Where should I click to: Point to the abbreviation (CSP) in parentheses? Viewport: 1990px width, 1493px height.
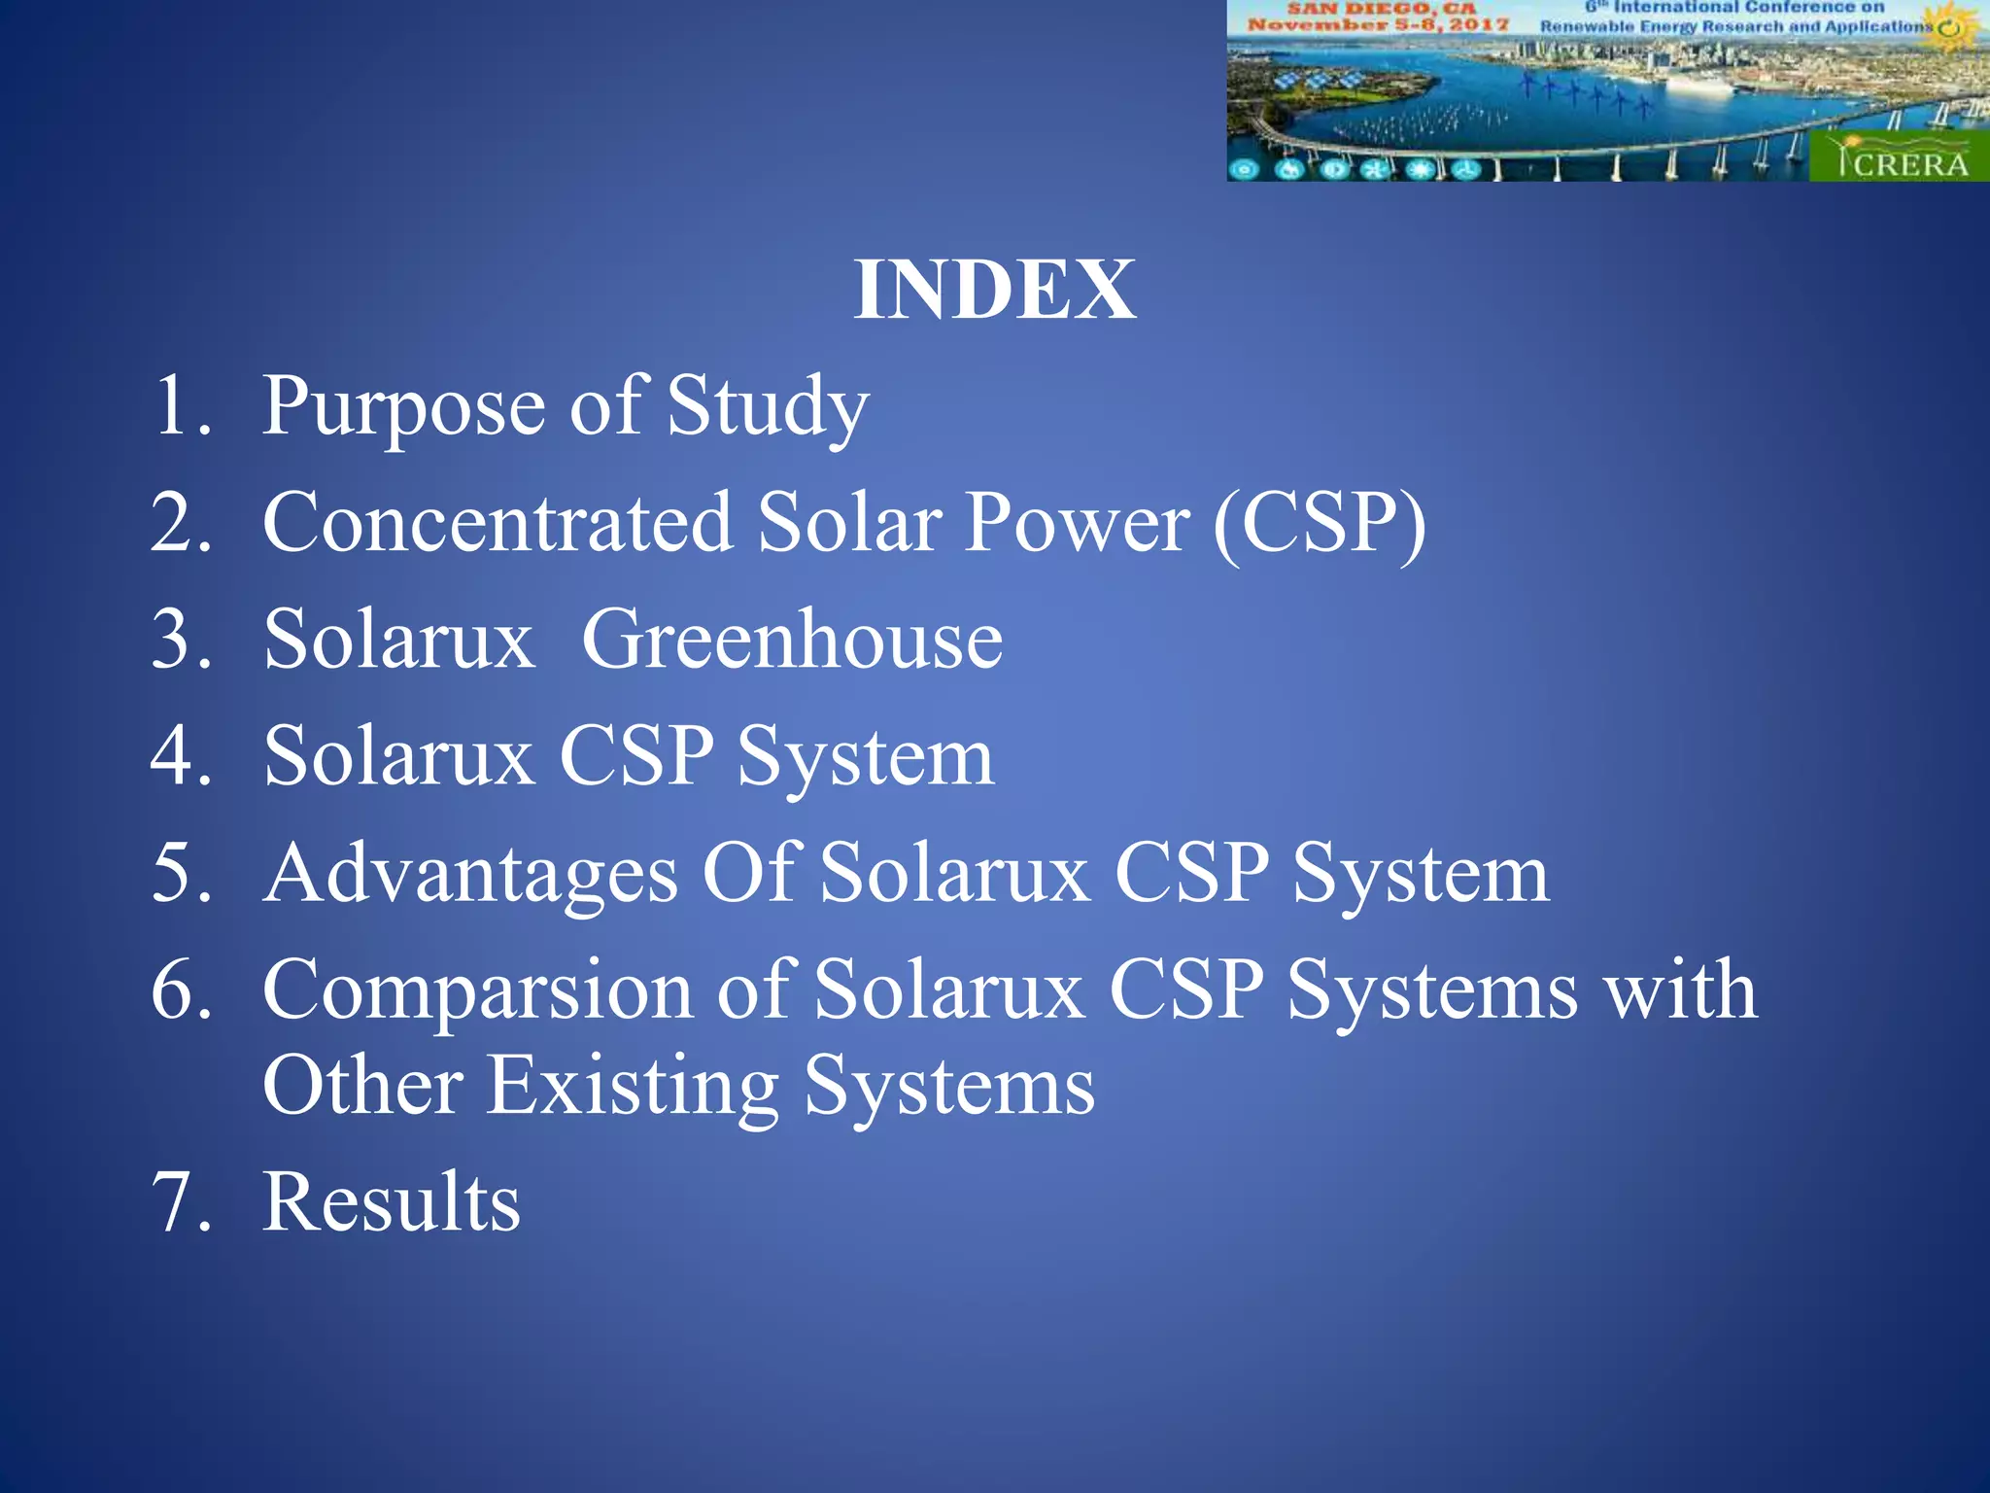[1320, 525]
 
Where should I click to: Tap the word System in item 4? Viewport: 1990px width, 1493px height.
[865, 758]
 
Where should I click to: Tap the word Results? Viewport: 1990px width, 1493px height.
[392, 1203]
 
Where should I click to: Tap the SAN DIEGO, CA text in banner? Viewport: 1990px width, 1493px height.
[1381, 8]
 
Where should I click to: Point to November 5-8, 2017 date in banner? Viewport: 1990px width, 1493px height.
[1378, 24]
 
